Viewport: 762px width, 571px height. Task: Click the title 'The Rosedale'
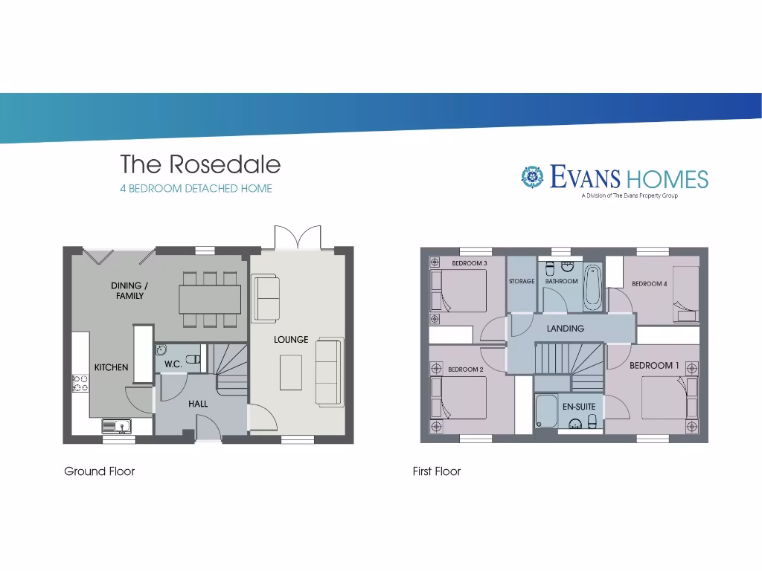tap(200, 164)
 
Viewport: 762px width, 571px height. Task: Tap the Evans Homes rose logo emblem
tap(532, 177)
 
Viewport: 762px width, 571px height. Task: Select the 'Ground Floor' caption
tap(99, 471)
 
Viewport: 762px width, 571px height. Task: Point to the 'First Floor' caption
tap(437, 471)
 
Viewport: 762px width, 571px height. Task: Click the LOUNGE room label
tap(291, 340)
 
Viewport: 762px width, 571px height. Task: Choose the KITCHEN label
tap(111, 367)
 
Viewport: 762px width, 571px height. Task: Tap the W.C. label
tap(173, 364)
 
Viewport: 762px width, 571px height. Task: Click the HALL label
tap(198, 404)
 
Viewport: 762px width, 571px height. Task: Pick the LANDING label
tap(566, 329)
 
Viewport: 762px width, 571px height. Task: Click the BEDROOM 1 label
tap(654, 366)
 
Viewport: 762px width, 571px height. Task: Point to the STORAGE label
tap(522, 282)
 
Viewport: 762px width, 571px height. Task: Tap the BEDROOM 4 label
tap(650, 283)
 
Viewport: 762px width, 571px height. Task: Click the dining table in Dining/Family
tap(210, 299)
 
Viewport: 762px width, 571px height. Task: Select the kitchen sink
tap(117, 426)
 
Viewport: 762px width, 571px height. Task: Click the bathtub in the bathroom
tap(592, 288)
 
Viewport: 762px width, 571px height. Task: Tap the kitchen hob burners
tap(80, 383)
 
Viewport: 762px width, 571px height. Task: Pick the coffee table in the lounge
tap(291, 372)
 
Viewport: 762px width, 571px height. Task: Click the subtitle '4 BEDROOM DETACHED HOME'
tap(196, 189)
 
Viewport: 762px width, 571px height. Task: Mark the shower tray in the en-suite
tap(546, 410)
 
